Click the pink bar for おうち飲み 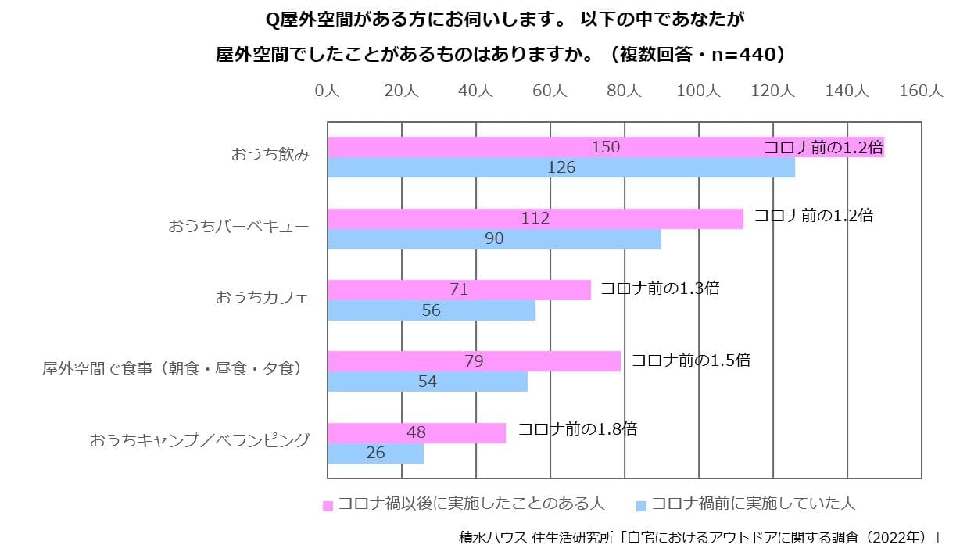(x=606, y=147)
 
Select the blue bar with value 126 (x=561, y=167)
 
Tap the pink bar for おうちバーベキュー (x=535, y=219)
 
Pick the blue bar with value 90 (x=495, y=238)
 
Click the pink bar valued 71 (x=460, y=290)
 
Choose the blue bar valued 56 (x=432, y=310)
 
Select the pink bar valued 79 (x=475, y=361)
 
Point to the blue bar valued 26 (x=375, y=453)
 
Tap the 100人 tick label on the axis (x=699, y=91)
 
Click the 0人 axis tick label (x=328, y=91)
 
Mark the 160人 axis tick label (x=921, y=91)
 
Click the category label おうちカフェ (x=262, y=298)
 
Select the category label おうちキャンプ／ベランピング (x=199, y=440)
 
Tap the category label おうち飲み (x=270, y=154)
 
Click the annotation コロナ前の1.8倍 (x=578, y=429)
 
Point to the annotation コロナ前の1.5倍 (x=691, y=360)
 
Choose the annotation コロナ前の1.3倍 (x=660, y=288)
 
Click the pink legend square (x=328, y=506)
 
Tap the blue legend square (x=642, y=506)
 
